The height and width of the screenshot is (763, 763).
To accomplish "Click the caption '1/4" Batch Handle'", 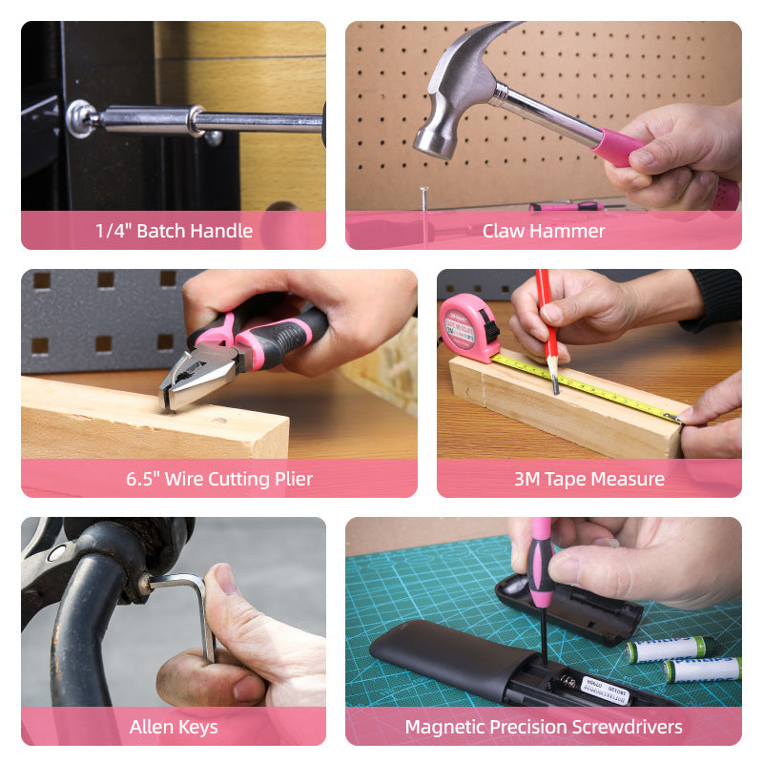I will point(174,231).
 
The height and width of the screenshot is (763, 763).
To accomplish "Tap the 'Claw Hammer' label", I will point(543,231).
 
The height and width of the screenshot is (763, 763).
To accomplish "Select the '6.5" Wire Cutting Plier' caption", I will point(219,479).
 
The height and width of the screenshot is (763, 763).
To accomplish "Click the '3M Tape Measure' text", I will point(588,479).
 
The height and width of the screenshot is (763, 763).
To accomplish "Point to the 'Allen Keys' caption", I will point(174,728).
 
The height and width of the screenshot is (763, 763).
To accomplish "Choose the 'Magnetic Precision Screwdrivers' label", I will point(543,728).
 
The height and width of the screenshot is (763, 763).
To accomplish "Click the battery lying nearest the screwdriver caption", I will point(701,670).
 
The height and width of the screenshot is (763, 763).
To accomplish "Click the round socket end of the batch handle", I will point(80,118).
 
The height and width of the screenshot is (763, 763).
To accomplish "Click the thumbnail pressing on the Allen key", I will point(227,578).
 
